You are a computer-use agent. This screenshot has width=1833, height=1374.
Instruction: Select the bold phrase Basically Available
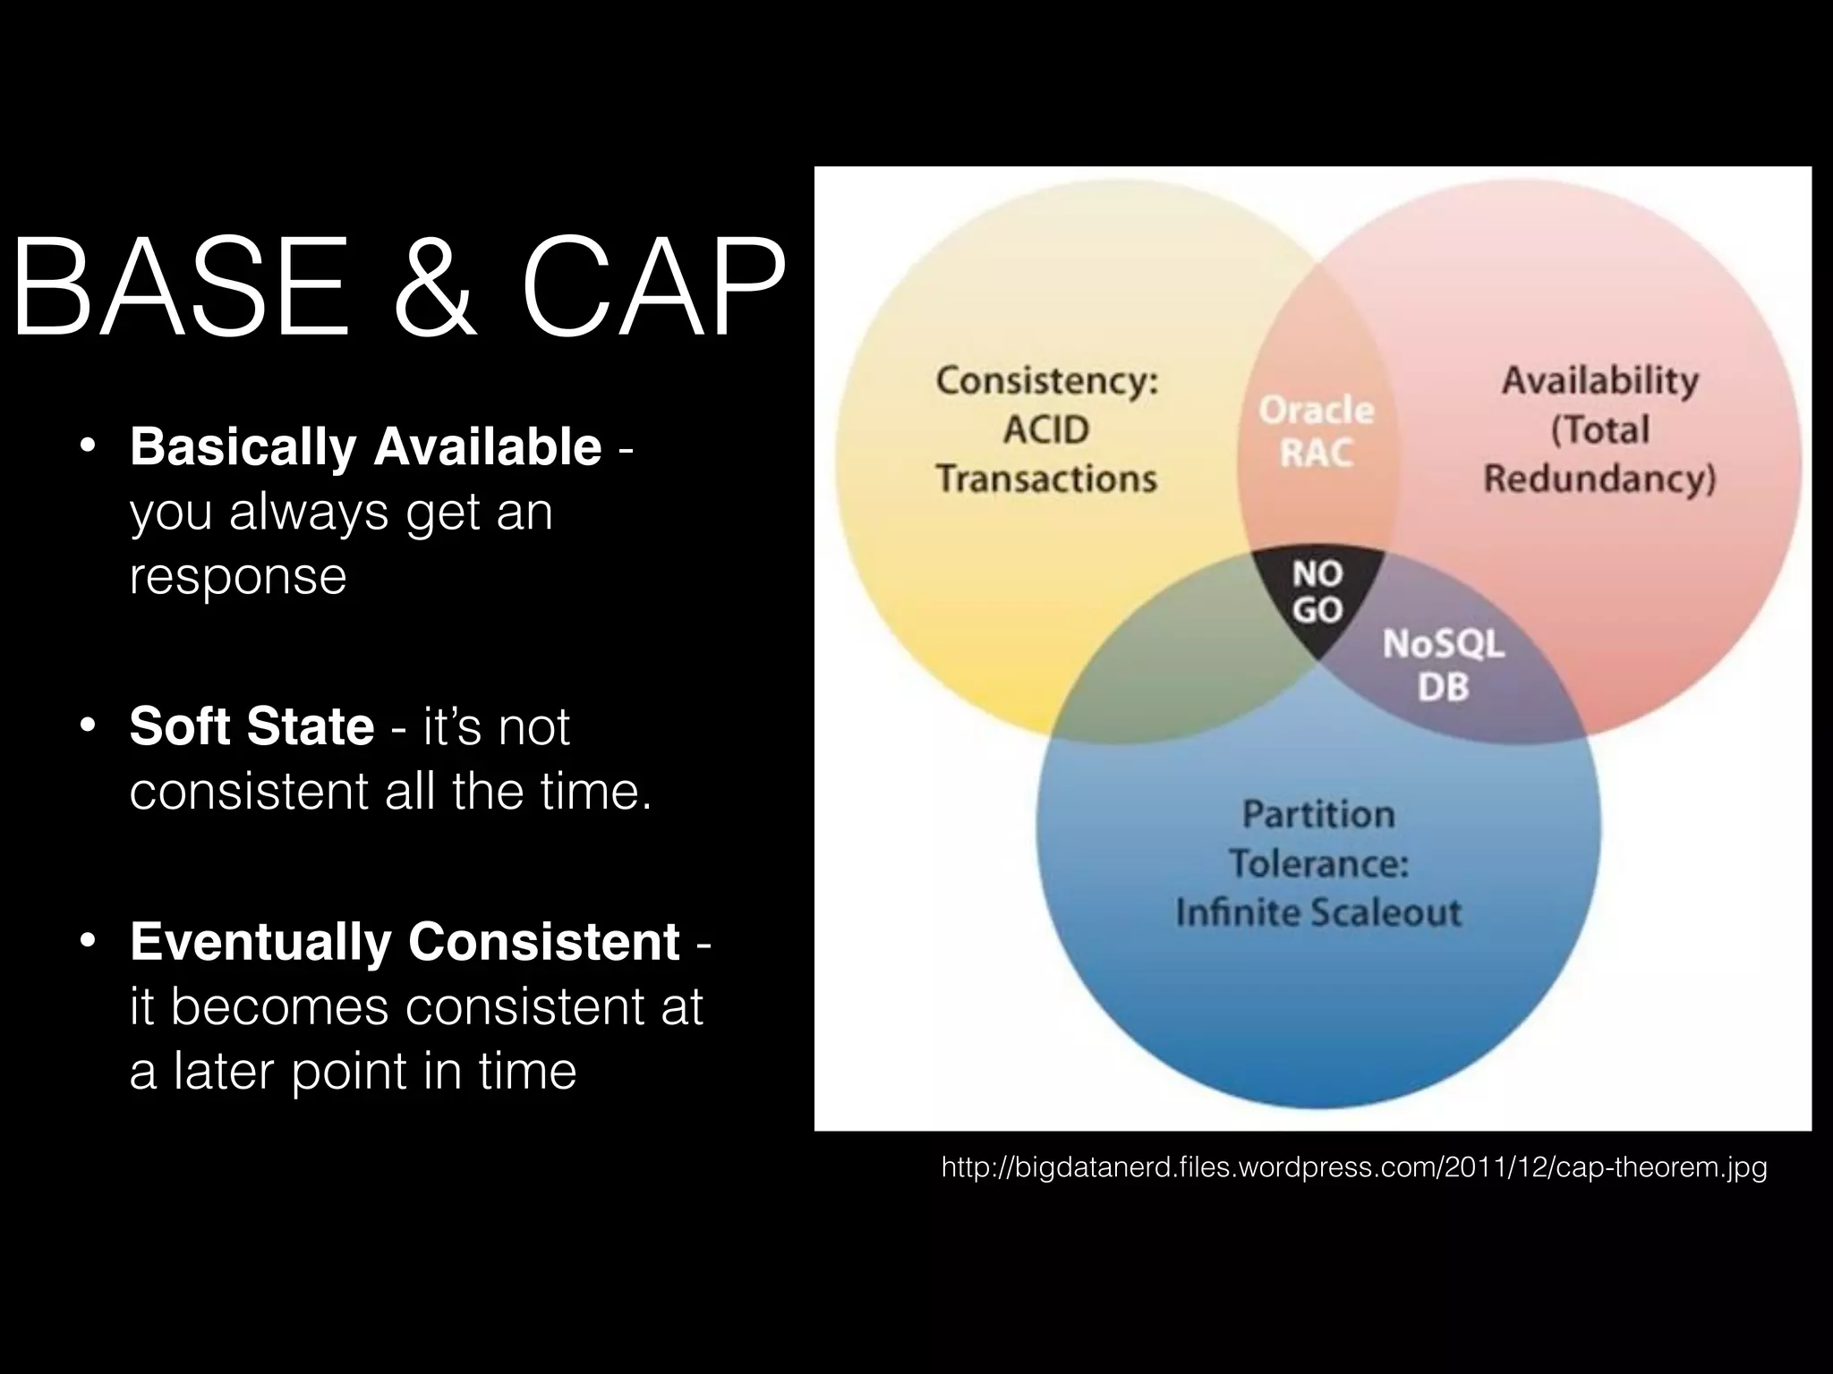click(365, 446)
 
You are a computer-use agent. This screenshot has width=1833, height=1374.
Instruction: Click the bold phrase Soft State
click(252, 725)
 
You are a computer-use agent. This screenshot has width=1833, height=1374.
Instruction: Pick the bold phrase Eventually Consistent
click(405, 941)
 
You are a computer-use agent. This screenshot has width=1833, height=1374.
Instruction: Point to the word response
click(238, 575)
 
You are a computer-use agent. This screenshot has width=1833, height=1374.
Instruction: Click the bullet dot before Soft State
click(87, 725)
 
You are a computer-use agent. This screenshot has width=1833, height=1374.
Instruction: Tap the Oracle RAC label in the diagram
click(1316, 432)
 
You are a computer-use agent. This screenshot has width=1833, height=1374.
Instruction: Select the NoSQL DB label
click(1443, 665)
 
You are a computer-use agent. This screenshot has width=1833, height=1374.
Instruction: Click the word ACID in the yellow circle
click(1045, 429)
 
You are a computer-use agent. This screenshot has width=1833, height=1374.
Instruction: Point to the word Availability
click(1599, 380)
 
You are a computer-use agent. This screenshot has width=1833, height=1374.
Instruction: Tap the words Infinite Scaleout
click(1317, 912)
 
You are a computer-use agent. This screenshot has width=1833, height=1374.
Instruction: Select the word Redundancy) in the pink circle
click(1599, 479)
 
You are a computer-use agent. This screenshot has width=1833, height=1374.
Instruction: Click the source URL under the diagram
click(1354, 1167)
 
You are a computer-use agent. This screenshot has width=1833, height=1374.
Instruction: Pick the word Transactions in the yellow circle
click(1046, 479)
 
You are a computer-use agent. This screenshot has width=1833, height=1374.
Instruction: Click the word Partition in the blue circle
click(1317, 814)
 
